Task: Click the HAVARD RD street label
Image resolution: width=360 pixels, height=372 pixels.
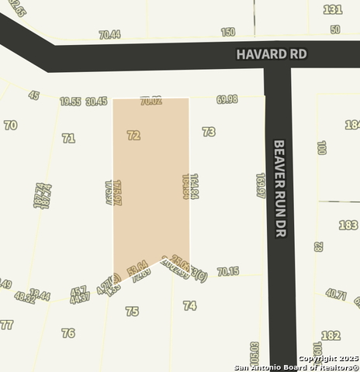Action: [272, 54]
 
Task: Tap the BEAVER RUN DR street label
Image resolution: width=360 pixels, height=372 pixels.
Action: [281, 188]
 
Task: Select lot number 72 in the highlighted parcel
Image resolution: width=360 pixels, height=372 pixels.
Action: [133, 135]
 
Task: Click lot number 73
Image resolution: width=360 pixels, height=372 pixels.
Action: [208, 132]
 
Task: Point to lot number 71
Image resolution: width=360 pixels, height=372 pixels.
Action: [68, 138]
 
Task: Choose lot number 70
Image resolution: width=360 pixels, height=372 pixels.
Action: [10, 125]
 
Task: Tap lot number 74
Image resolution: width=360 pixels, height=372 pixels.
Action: [189, 306]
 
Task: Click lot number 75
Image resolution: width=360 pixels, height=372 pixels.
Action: [132, 311]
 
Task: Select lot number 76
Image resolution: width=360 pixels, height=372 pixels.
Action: [68, 332]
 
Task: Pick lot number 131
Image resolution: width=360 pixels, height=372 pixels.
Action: [333, 9]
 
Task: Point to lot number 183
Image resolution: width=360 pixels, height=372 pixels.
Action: [348, 225]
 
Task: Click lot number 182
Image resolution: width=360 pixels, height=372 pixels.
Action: [331, 335]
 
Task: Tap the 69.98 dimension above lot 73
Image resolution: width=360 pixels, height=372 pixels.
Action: [227, 100]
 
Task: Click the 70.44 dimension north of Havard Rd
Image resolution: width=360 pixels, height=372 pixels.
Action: [109, 35]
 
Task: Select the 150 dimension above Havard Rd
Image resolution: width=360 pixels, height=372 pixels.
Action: [227, 33]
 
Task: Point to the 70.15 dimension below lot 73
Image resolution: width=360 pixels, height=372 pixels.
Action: [228, 271]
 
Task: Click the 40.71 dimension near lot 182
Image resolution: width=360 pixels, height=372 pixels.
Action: [336, 294]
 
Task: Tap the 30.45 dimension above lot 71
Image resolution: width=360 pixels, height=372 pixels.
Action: [96, 101]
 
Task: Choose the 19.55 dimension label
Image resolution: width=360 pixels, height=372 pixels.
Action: [71, 101]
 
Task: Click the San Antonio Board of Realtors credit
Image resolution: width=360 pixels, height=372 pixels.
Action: [297, 367]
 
